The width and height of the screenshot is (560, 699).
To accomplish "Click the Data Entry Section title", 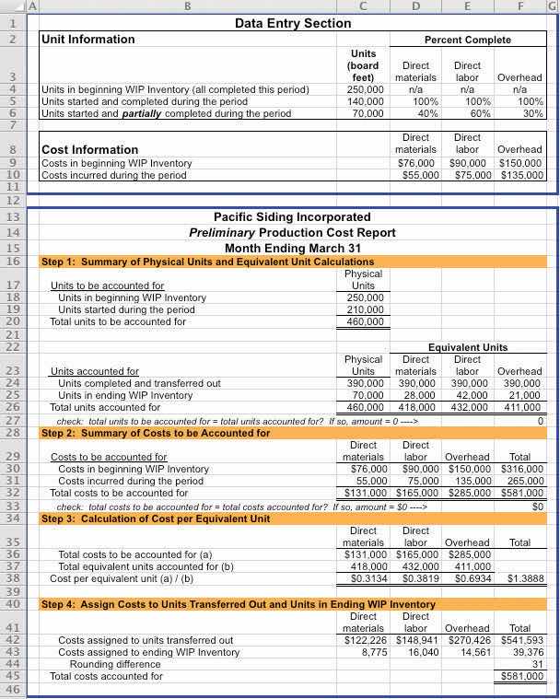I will pyautogui.click(x=293, y=23).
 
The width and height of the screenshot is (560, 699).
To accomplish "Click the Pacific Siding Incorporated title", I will pyautogui.click(x=293, y=217).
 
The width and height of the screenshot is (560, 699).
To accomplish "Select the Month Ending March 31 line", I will pyautogui.click(x=293, y=248).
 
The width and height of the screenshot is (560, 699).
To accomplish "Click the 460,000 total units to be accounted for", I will pyautogui.click(x=365, y=322).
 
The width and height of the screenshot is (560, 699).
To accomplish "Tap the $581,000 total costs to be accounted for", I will pyautogui.click(x=525, y=493).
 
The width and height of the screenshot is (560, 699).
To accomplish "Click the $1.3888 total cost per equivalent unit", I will pyautogui.click(x=525, y=579).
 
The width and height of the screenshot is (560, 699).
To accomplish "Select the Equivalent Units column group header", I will pyautogui.click(x=467, y=347).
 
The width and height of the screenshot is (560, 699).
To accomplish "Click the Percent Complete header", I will pyautogui.click(x=467, y=40).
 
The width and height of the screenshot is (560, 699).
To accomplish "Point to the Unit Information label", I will pyautogui.click(x=88, y=40).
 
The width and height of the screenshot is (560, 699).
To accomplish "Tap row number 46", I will pyautogui.click(x=13, y=689).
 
